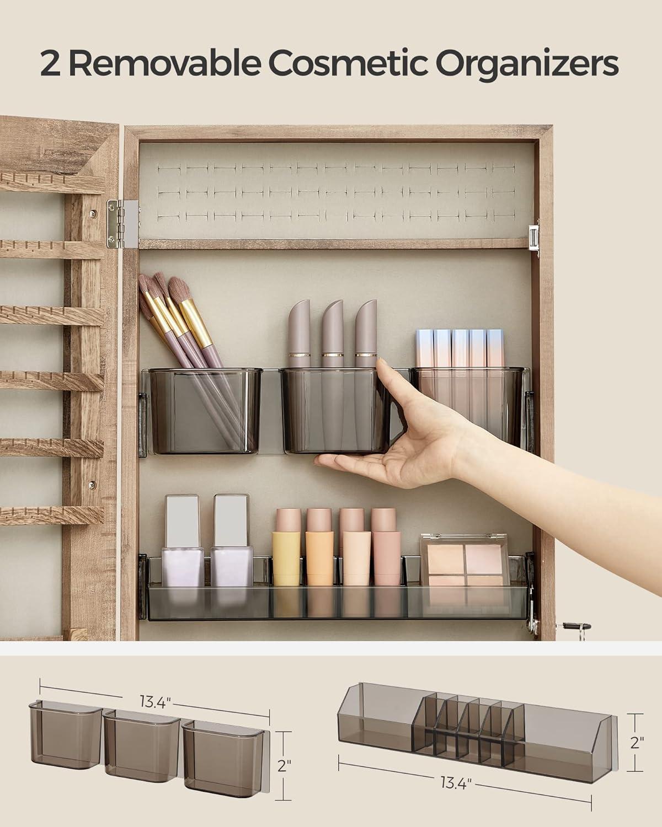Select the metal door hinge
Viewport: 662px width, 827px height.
click(122, 223)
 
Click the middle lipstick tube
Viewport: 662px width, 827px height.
click(333, 334)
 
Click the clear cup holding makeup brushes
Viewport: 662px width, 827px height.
click(205, 410)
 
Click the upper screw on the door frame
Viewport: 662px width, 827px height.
click(92, 212)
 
